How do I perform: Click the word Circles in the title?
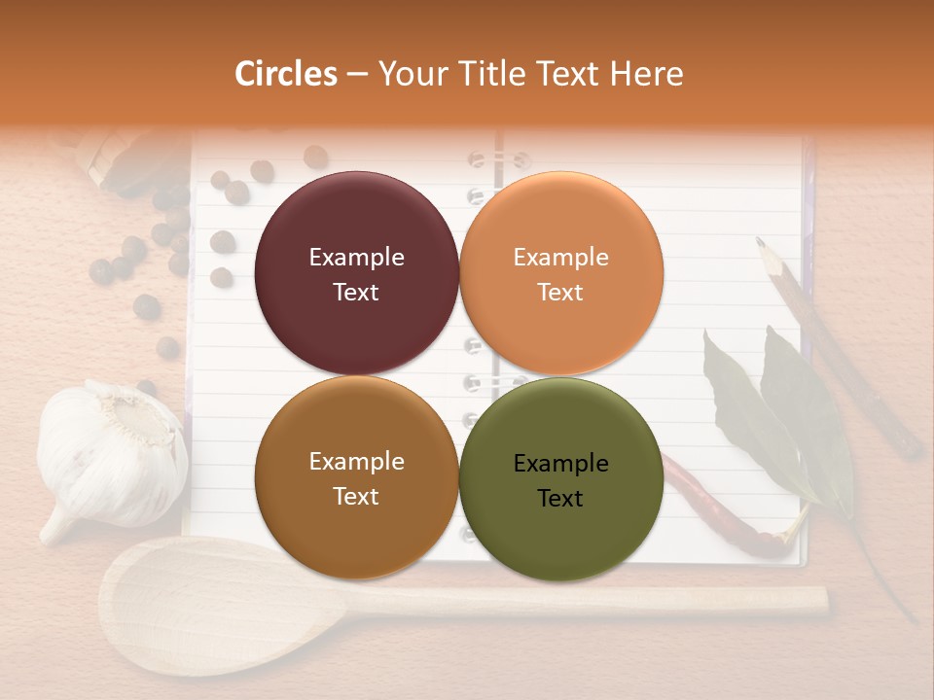(285, 74)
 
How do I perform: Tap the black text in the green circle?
(560, 480)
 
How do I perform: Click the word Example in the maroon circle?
(356, 258)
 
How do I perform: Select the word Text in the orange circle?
(560, 292)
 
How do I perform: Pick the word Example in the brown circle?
(356, 462)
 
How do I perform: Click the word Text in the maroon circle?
(356, 292)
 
